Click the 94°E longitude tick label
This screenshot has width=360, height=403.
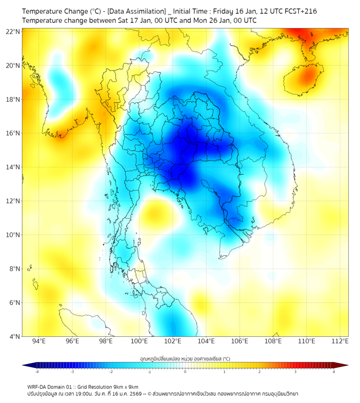click(39, 341)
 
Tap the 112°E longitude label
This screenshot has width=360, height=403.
click(340, 341)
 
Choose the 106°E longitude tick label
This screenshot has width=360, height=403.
click(240, 341)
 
